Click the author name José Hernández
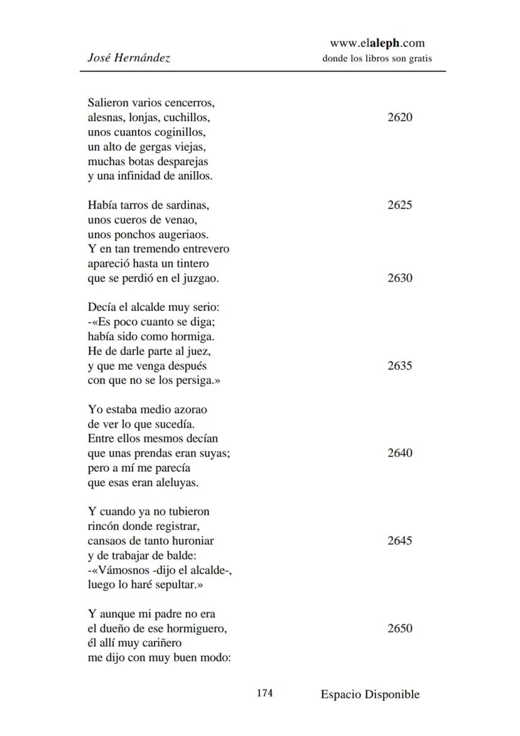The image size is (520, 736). [x=129, y=58]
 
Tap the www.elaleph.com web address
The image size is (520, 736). [x=377, y=43]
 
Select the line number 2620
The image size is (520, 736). [x=400, y=117]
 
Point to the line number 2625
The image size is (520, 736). [x=400, y=205]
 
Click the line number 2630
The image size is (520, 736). [x=400, y=278]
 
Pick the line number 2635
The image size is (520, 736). [x=400, y=366]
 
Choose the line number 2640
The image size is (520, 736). [x=400, y=453]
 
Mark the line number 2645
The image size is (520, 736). [x=400, y=541]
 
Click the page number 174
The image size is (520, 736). [x=264, y=693]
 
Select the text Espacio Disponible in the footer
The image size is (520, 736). [x=370, y=694]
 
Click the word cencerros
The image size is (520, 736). [x=192, y=103]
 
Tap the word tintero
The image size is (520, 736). [x=190, y=264]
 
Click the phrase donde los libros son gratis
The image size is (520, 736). [x=377, y=59]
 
